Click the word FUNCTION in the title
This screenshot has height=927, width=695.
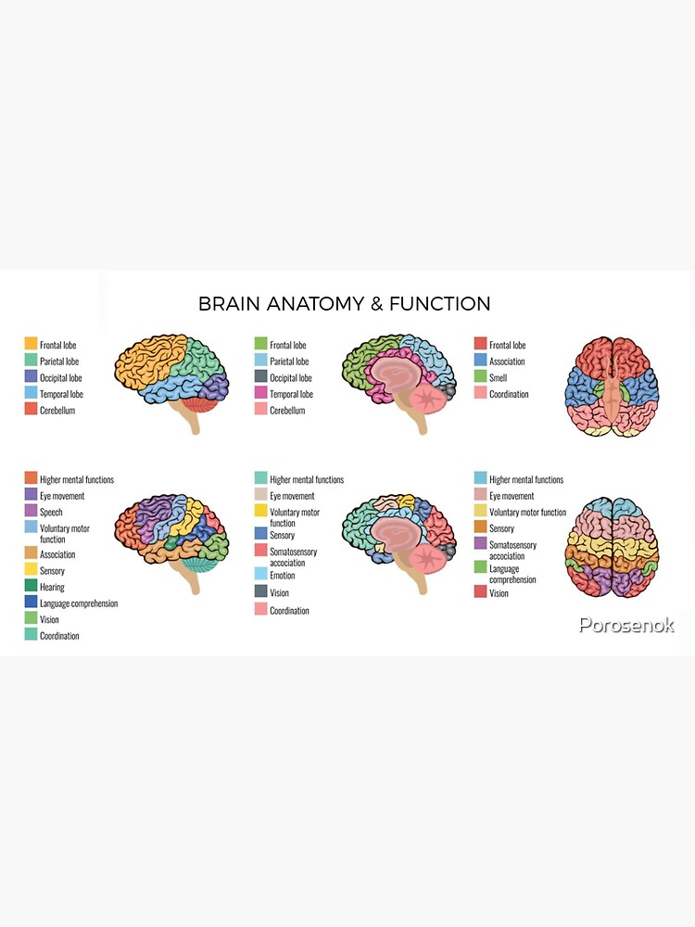(440, 304)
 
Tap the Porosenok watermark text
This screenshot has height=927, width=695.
(626, 625)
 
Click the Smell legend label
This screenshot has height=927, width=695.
(498, 378)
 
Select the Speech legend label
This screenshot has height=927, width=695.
(51, 512)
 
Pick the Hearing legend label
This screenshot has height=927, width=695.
(52, 587)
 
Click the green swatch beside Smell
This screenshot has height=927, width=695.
(480, 377)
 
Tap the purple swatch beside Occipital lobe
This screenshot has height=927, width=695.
(31, 377)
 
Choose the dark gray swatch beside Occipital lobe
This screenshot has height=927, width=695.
(261, 377)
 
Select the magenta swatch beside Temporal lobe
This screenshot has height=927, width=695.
(261, 394)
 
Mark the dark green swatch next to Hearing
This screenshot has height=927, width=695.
(31, 587)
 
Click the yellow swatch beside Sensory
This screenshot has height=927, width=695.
(31, 570)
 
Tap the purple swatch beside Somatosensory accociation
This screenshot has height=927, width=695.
(480, 543)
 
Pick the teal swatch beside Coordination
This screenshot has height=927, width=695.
(31, 635)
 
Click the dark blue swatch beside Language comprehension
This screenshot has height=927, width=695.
(31, 603)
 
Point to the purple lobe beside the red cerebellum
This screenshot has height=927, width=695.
(215, 384)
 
